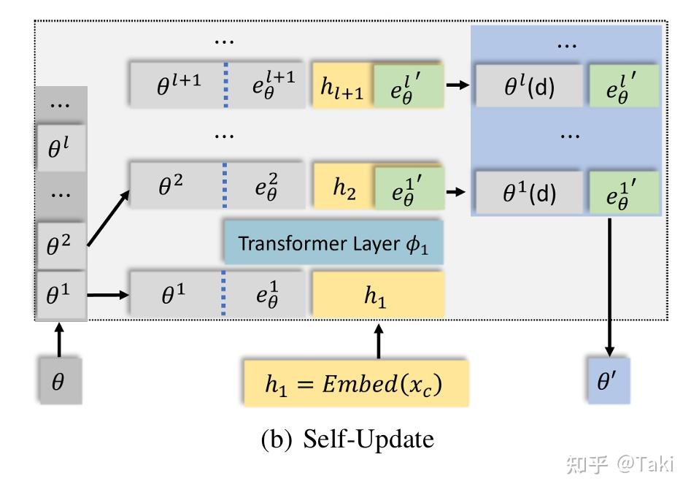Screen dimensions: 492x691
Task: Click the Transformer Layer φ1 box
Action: point(333,243)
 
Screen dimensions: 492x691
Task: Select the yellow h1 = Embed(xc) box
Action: point(355,383)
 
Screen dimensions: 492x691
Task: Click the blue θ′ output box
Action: point(607,380)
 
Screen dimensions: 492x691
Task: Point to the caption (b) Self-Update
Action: point(347,439)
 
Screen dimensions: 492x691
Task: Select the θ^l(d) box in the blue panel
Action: point(529,87)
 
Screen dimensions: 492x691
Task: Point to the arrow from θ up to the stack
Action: point(59,340)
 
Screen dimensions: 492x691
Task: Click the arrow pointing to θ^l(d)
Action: point(458,86)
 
